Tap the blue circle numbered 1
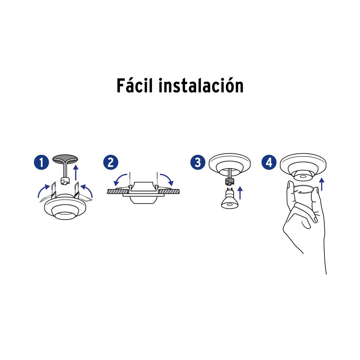click(41, 162)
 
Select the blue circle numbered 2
click(111, 162)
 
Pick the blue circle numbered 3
click(198, 162)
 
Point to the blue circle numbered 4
click(269, 162)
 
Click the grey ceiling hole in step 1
click(65, 159)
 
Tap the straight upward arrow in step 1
click(76, 172)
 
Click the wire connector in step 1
click(65, 181)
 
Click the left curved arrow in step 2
click(119, 178)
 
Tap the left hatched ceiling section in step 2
click(118, 191)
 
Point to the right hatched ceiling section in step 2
click(169, 191)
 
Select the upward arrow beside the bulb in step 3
click(240, 193)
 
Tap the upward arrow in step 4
click(322, 184)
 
